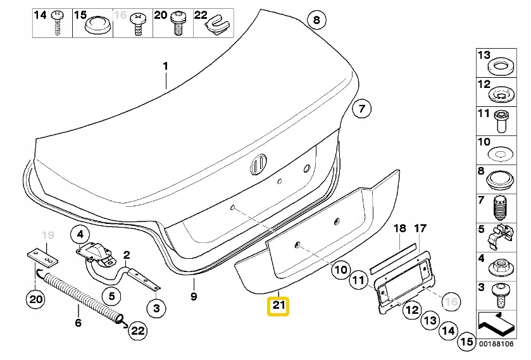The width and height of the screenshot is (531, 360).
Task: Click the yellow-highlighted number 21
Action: tap(278, 307)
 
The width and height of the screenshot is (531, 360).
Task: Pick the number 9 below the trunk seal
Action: tap(194, 295)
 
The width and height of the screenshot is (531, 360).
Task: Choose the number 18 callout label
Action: tap(399, 228)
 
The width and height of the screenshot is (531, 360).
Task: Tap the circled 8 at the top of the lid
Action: tap(317, 21)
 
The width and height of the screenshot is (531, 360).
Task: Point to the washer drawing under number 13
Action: tap(503, 66)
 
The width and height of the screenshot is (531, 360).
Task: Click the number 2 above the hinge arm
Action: tap(127, 255)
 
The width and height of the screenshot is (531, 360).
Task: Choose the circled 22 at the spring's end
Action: tap(138, 329)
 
